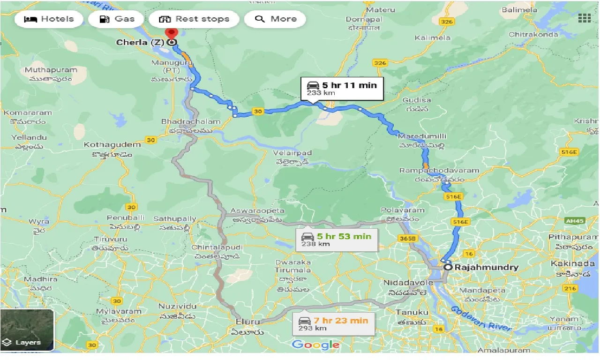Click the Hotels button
pyautogui.click(x=49, y=19)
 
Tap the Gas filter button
pyautogui.click(x=118, y=19)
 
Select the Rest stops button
pyautogui.click(x=194, y=19)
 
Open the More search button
pyautogui.click(x=276, y=19)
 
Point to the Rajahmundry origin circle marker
pyautogui.click(x=448, y=267)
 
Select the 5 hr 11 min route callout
pyautogui.click(x=342, y=89)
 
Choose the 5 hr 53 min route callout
pyautogui.click(x=337, y=240)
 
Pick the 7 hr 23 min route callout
pyautogui.click(x=334, y=324)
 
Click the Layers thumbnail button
pyautogui.click(x=27, y=330)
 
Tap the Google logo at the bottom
pyautogui.click(x=315, y=345)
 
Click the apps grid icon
pyautogui.click(x=584, y=18)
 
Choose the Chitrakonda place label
pyautogui.click(x=533, y=34)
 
